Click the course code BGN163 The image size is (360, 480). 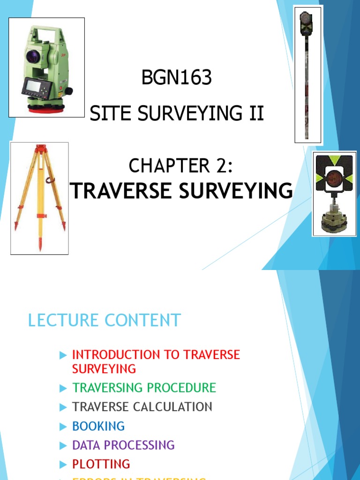[177, 78]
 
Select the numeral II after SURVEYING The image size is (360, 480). [256, 113]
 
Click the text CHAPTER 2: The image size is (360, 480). [180, 165]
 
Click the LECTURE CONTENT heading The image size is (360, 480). [104, 321]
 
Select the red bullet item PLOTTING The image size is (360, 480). [101, 464]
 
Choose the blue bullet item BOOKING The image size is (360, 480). [98, 426]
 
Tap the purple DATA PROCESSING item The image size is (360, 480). [123, 445]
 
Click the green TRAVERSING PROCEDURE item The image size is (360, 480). [144, 388]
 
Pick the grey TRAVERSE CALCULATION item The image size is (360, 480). [142, 407]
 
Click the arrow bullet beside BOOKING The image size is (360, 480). [64, 427]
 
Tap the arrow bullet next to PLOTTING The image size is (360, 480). [64, 465]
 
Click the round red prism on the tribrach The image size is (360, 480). [334, 179]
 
